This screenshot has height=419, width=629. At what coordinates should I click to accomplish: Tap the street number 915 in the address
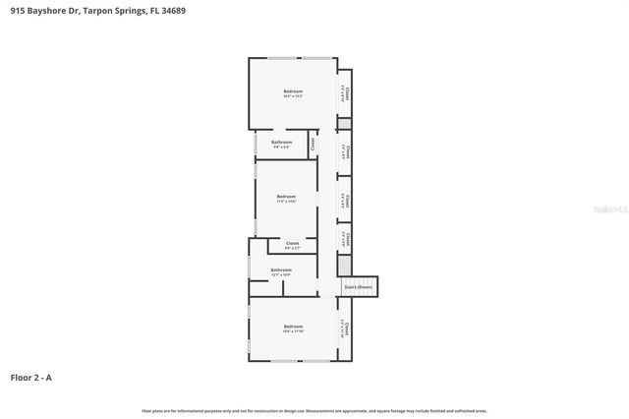coord(17,11)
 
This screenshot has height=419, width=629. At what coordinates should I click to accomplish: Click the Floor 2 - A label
coord(31,377)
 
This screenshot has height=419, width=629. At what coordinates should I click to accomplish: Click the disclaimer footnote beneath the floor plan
coord(314,410)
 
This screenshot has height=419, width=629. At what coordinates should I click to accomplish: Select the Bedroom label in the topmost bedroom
coord(293,91)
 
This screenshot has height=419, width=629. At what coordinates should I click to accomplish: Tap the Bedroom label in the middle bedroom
coord(286,196)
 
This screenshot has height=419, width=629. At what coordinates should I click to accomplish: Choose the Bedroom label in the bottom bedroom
coord(293,326)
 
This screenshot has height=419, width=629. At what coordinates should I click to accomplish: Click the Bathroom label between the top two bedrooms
coord(281,142)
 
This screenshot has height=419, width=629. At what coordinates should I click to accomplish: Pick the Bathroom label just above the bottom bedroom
coord(281,269)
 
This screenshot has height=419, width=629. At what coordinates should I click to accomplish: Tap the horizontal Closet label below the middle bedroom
coord(292,243)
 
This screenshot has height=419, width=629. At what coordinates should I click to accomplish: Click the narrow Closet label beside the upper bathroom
coord(313,144)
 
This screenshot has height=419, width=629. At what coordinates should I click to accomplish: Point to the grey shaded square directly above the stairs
coord(344,266)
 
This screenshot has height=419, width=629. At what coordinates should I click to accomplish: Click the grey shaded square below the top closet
coord(344,125)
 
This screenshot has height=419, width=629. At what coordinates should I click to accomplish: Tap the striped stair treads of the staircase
coord(358,287)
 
